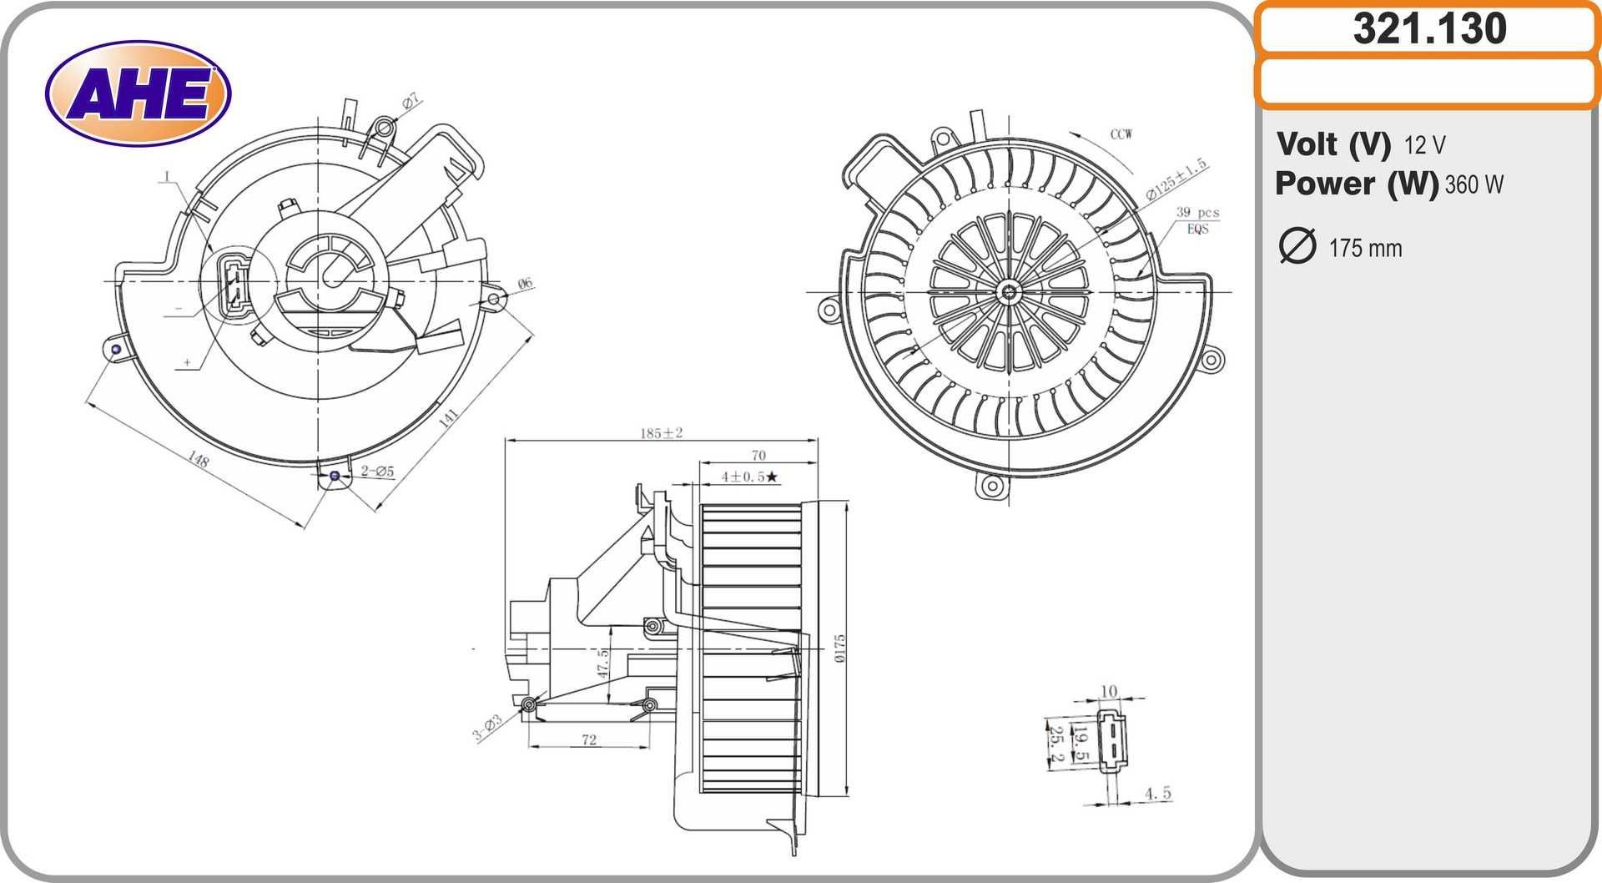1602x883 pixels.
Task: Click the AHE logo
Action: pyautogui.click(x=138, y=93)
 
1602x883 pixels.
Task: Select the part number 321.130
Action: pyautogui.click(x=1428, y=28)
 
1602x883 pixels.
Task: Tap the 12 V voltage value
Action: pyautogui.click(x=1424, y=145)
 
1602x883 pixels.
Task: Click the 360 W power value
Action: pyautogui.click(x=1474, y=184)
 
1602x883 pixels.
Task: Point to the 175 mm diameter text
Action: pyautogui.click(x=1365, y=249)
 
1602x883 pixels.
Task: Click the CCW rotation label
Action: pyautogui.click(x=1121, y=134)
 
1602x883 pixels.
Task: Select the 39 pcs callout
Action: pyautogui.click(x=1196, y=213)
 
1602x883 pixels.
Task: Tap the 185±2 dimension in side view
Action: pyautogui.click(x=661, y=432)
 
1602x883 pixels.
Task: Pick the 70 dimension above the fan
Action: pyautogui.click(x=758, y=455)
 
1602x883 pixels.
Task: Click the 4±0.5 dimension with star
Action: pyautogui.click(x=749, y=477)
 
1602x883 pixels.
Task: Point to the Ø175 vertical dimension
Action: pyautogui.click(x=839, y=648)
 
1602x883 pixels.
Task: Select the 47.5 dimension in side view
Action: pyautogui.click(x=602, y=664)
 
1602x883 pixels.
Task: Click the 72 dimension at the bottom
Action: pyautogui.click(x=589, y=739)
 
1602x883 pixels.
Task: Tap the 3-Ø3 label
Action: pyautogui.click(x=487, y=728)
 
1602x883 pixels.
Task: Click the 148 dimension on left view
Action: pyautogui.click(x=199, y=459)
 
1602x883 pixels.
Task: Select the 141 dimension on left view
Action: pyautogui.click(x=448, y=417)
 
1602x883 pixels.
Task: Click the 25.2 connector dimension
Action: pyautogui.click(x=1055, y=744)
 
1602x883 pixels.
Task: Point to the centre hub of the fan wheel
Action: pyautogui.click(x=1010, y=291)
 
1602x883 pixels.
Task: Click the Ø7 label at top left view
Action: pyautogui.click(x=411, y=102)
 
